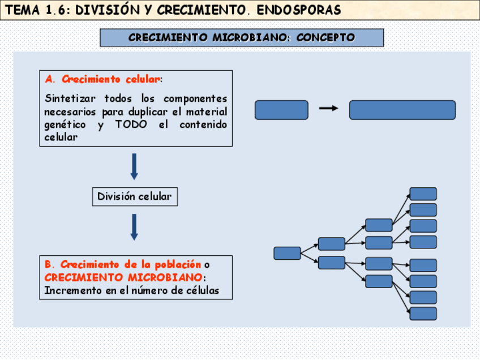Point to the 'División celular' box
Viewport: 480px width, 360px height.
point(134,196)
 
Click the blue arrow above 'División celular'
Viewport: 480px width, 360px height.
point(134,166)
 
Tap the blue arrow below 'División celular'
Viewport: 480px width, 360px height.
point(134,226)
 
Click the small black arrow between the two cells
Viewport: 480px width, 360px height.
point(329,108)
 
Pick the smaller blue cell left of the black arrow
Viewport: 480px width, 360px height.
point(281,110)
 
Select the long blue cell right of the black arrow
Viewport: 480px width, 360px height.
point(402,110)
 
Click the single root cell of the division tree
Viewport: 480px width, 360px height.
point(287,253)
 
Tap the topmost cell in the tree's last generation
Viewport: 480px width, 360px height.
point(423,194)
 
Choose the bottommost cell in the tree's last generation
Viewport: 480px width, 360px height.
point(423,314)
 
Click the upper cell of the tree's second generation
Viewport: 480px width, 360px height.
point(331,244)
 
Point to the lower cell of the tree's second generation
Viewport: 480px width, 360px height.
point(331,263)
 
